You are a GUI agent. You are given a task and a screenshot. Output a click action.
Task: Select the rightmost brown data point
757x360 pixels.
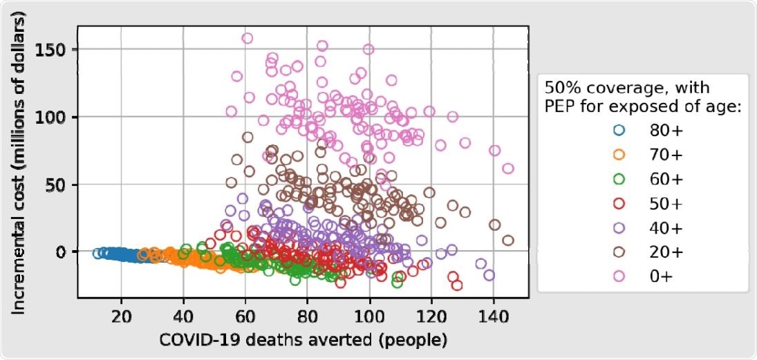click(x=508, y=240)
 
